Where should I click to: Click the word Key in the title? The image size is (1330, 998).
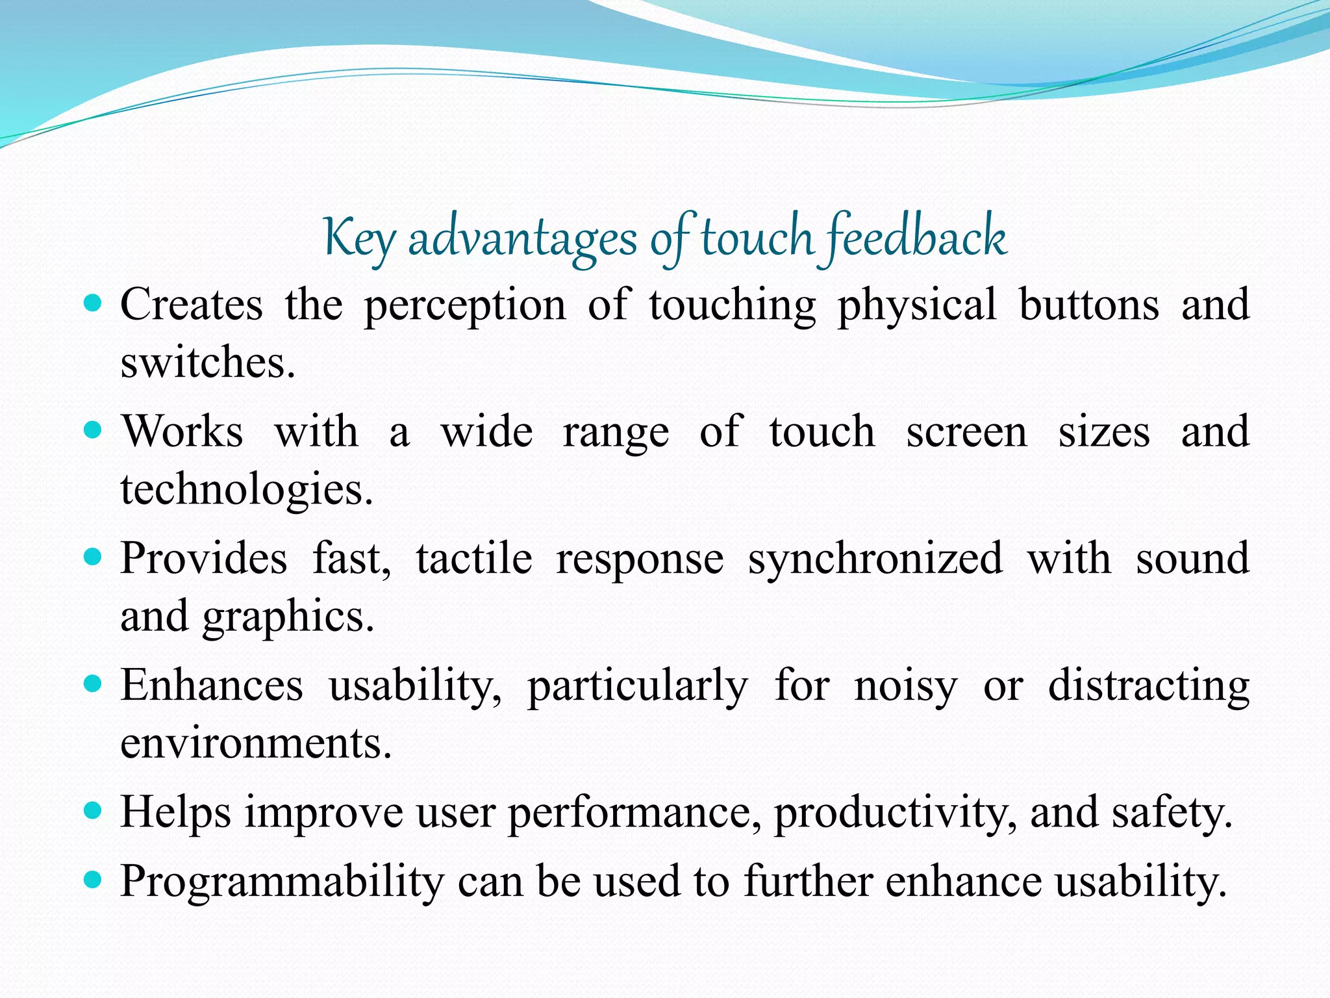pos(358,239)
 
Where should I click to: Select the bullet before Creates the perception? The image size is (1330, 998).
pos(94,303)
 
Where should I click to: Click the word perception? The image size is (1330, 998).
pos(464,305)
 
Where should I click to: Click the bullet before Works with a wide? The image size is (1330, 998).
pos(94,430)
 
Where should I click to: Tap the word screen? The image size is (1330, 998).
pos(966,432)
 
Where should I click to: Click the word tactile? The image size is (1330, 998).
pos(473,559)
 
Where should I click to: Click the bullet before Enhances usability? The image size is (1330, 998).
pos(94,684)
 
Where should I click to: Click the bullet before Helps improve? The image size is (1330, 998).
pos(94,810)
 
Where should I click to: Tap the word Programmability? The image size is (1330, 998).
pos(282,882)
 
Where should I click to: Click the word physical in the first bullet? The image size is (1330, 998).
pos(916,305)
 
